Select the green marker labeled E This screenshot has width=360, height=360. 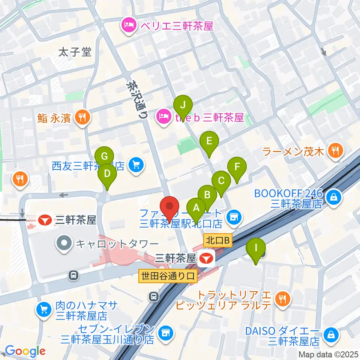pos(209,142)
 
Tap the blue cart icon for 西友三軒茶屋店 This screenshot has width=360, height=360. pos(135,165)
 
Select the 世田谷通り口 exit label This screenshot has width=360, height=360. pos(168,276)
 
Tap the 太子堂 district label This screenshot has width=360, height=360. pos(75,52)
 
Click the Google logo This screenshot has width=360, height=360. pos(25,351)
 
